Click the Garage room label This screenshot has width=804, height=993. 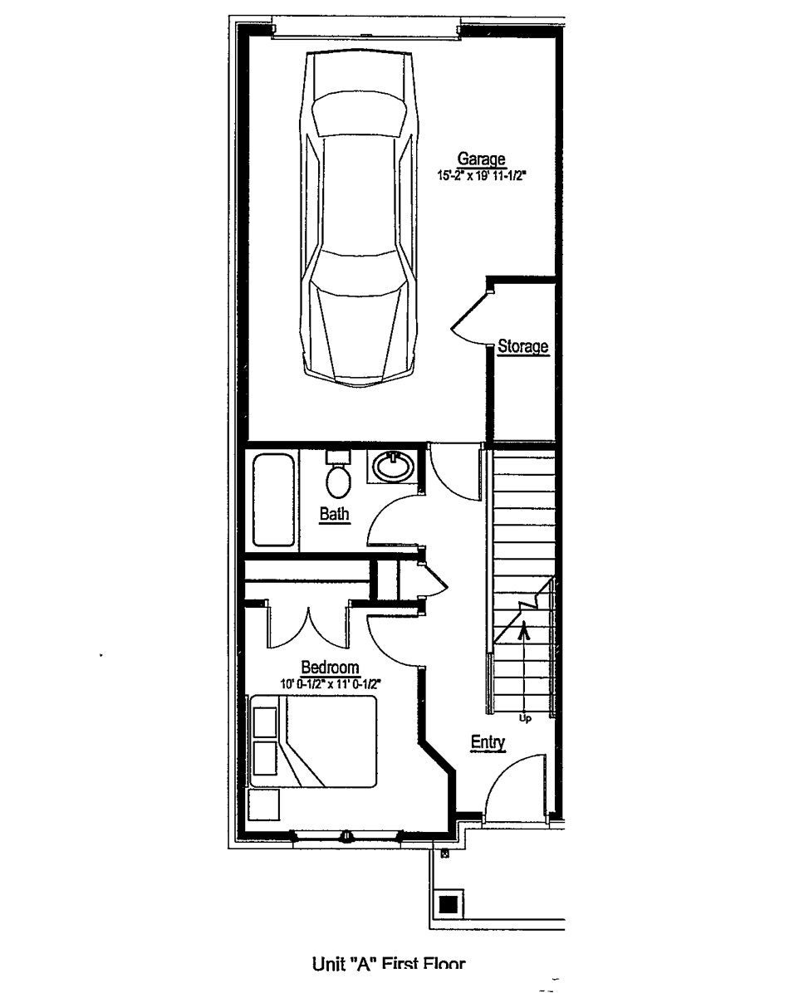pyautogui.click(x=482, y=159)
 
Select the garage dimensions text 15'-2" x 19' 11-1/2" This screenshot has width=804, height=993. pyautogui.click(x=483, y=176)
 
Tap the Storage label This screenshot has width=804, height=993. pyautogui.click(x=523, y=347)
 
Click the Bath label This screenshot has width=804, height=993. pyautogui.click(x=335, y=515)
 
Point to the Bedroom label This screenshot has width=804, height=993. pyautogui.click(x=330, y=668)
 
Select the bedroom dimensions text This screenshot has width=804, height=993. pyautogui.click(x=331, y=684)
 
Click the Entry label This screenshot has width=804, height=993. pyautogui.click(x=488, y=742)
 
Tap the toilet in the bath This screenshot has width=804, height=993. pyautogui.click(x=337, y=475)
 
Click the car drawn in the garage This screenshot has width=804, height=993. pyautogui.click(x=358, y=216)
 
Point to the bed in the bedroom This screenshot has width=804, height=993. pyautogui.click(x=314, y=741)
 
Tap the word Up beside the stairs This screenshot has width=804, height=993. pyautogui.click(x=525, y=717)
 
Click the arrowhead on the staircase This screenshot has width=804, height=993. pyautogui.click(x=523, y=629)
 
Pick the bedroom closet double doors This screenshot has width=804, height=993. pyautogui.click(x=308, y=627)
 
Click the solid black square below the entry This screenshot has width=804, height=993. pyautogui.click(x=449, y=904)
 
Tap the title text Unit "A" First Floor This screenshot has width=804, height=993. pyautogui.click(x=389, y=964)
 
